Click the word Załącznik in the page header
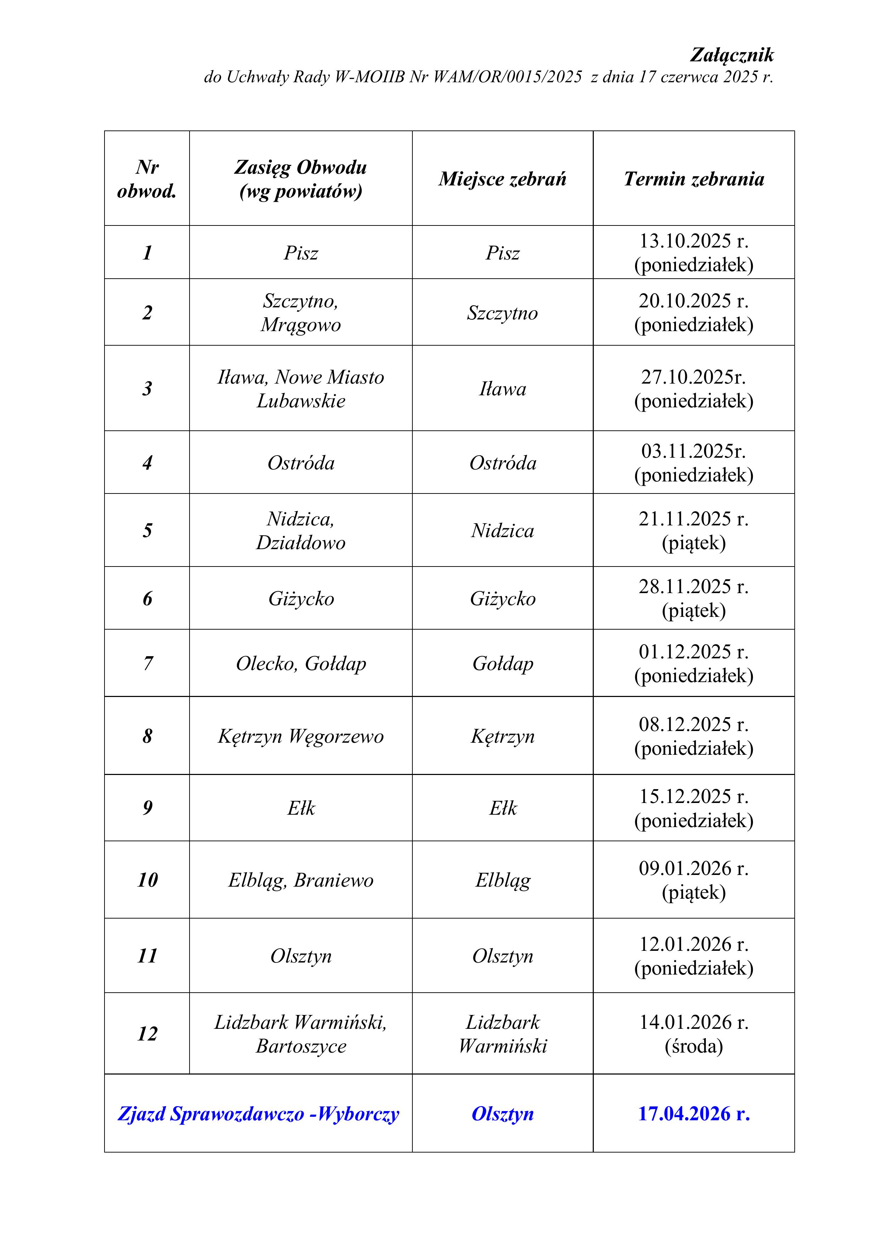click(732, 55)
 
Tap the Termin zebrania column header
click(693, 179)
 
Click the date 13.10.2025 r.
click(693, 241)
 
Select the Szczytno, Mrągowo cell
click(300, 313)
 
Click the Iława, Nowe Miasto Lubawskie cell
click(300, 389)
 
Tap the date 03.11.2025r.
click(693, 451)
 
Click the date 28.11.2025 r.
click(693, 587)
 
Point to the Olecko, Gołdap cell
click(300, 663)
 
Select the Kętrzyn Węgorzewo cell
click(300, 736)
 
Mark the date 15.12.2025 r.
click(693, 797)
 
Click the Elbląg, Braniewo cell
click(300, 880)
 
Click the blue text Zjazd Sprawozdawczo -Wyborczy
click(258, 1114)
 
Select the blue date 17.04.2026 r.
click(693, 1114)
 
